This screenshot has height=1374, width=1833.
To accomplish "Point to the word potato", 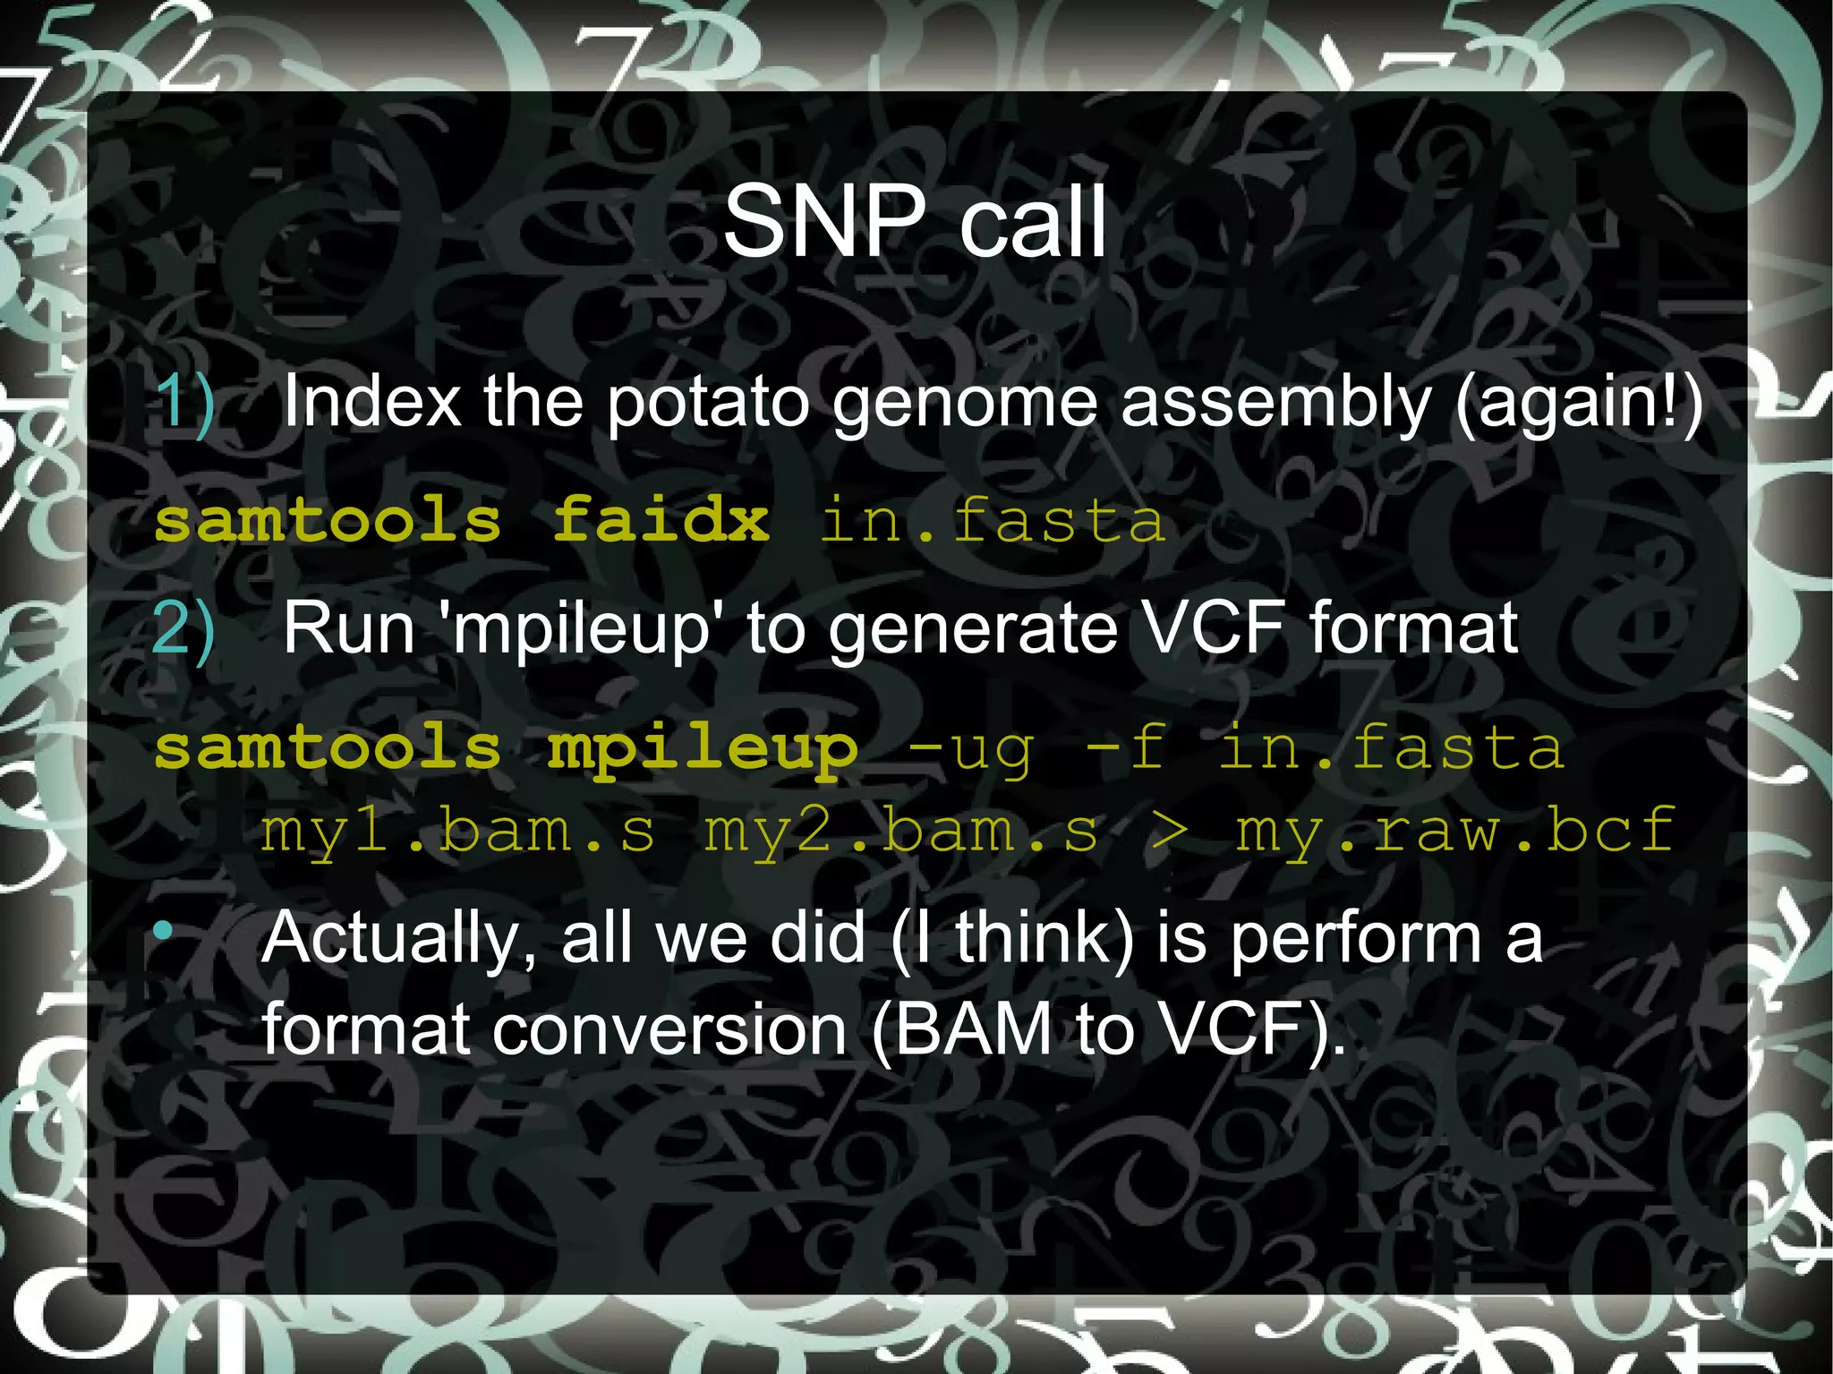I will (708, 404).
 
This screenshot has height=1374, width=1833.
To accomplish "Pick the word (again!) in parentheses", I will (1579, 404).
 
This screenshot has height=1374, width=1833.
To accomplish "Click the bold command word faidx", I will (661, 520).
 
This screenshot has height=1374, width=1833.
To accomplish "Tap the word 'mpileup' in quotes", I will (577, 629).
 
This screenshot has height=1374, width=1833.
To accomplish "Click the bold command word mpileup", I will (703, 748).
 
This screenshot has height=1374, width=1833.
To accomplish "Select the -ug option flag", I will (971, 748).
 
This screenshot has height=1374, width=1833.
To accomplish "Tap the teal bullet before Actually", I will (163, 932).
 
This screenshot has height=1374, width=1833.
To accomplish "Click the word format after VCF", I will (1413, 629).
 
